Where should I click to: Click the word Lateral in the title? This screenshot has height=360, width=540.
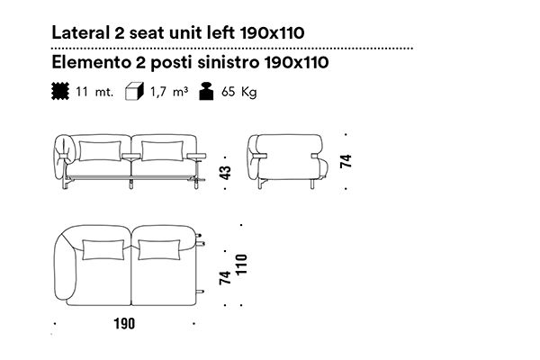pyautogui.click(x=80, y=32)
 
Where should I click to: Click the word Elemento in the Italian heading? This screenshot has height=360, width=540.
pyautogui.click(x=91, y=62)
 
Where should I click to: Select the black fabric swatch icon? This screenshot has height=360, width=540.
pyautogui.click(x=60, y=91)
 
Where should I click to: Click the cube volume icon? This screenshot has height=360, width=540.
pyautogui.click(x=134, y=92)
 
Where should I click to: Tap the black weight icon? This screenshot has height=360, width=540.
pyautogui.click(x=206, y=92)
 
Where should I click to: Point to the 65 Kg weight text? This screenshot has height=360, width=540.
pyautogui.click(x=239, y=92)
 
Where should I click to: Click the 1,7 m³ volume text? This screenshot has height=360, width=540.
pyautogui.click(x=169, y=92)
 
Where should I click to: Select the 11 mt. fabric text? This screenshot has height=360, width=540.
pyautogui.click(x=94, y=92)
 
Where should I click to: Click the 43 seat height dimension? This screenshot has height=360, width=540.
pyautogui.click(x=225, y=173)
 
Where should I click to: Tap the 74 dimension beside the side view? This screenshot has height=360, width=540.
pyautogui.click(x=346, y=161)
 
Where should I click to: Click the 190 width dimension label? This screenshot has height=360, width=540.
pyautogui.click(x=124, y=323)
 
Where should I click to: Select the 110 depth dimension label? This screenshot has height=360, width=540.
pyautogui.click(x=242, y=265)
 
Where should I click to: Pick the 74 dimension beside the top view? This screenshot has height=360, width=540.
pyautogui.click(x=225, y=278)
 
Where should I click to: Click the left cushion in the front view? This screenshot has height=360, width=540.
pyautogui.click(x=100, y=151)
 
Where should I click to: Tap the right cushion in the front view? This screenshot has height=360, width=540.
pyautogui.click(x=162, y=151)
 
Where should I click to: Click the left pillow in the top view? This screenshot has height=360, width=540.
pyautogui.click(x=103, y=250)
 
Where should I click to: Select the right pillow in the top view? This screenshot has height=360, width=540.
pyautogui.click(x=159, y=250)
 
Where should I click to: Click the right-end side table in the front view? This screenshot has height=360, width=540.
pyautogui.click(x=196, y=157)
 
